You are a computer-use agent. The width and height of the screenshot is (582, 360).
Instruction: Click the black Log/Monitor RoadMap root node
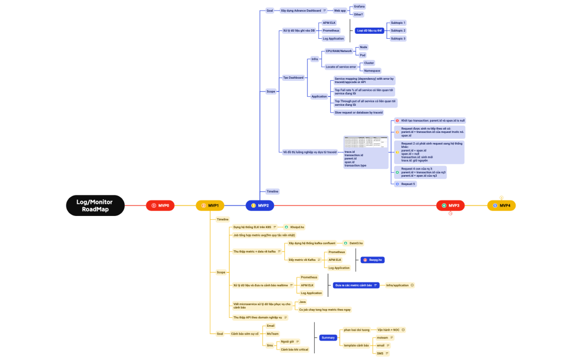[x=95, y=205]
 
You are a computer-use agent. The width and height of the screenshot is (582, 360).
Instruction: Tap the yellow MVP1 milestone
[x=210, y=205]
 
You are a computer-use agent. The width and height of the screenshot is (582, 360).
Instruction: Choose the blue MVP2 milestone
[x=260, y=205]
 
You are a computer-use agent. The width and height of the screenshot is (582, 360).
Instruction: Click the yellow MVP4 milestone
[x=501, y=205]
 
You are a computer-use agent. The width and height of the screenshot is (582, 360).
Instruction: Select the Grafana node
[x=359, y=6]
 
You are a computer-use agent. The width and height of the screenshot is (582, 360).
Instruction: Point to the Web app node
[x=340, y=11]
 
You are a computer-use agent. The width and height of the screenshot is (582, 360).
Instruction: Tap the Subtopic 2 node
[x=398, y=30]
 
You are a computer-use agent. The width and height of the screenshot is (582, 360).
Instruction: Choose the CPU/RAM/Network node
[x=339, y=51]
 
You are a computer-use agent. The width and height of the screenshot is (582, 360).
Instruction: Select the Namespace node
[x=371, y=70]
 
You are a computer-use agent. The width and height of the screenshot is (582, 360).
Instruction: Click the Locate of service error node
[x=340, y=66]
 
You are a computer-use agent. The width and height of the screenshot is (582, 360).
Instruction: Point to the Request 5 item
[x=409, y=183]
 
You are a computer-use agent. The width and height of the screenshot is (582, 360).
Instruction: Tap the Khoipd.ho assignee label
[x=297, y=227]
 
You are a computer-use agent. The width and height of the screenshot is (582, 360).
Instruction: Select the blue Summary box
[x=328, y=337]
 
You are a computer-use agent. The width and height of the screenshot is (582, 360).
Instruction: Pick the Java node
[x=303, y=302]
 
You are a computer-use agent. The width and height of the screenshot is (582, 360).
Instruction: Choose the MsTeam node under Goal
[x=273, y=333]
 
